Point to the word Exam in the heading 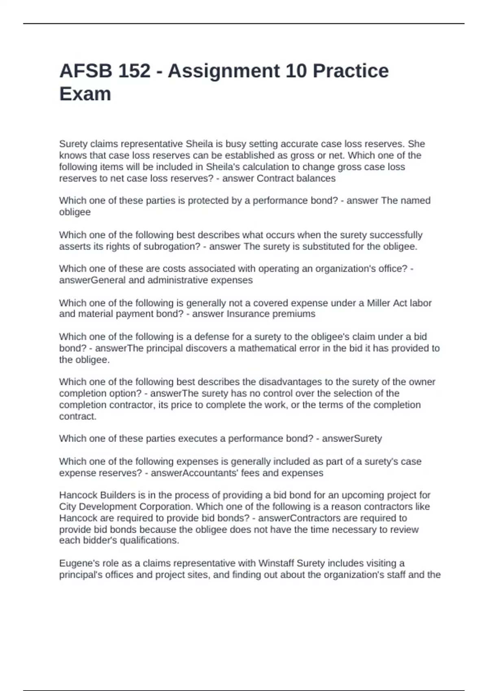(85, 94)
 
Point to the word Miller (379, 303)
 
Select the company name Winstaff (276, 563)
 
